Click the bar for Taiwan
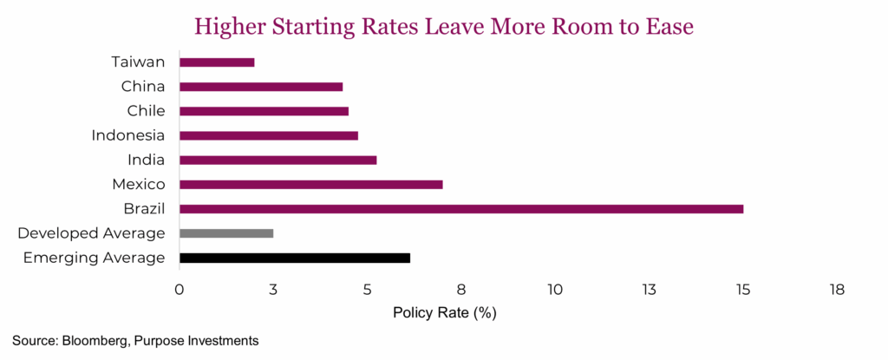217,62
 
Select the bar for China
261,87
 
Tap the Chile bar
264,111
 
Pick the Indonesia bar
269,135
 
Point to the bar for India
277,160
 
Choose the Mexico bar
310,184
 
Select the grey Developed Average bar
226,233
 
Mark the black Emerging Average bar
295,258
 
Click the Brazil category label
145,209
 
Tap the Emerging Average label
95,258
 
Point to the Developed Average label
91,233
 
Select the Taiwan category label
139,62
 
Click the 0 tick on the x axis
180,289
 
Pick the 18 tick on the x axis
837,289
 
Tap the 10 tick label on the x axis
555,289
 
